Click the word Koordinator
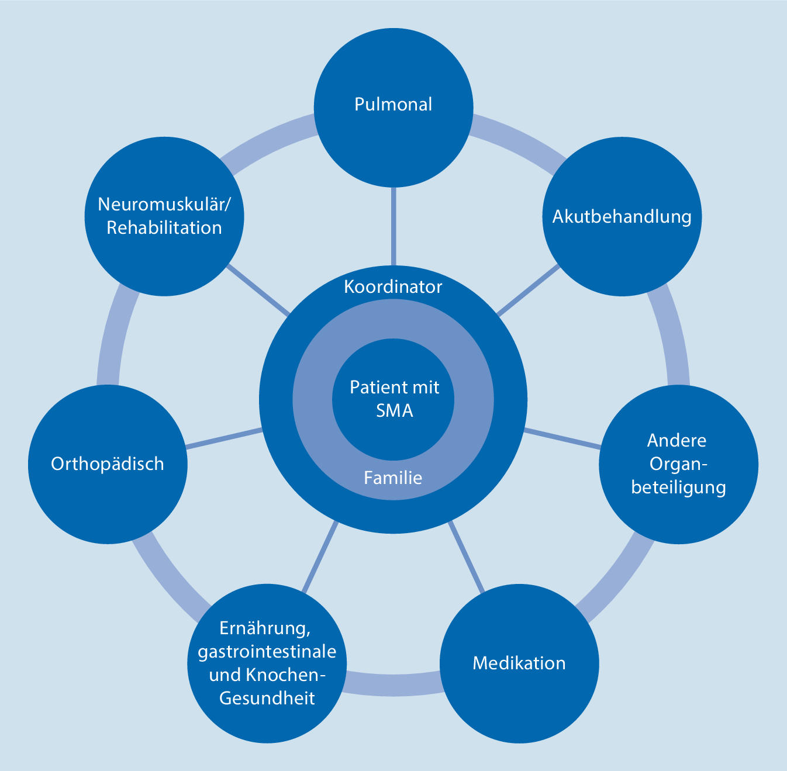point(393,287)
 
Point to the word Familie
point(393,478)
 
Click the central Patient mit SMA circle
point(393,399)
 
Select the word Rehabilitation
point(164,227)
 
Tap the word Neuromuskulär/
point(164,204)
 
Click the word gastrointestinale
point(267,651)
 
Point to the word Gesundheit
point(267,698)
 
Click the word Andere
point(677,440)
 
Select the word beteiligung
point(678,487)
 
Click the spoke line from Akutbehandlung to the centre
point(528,291)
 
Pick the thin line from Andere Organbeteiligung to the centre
point(562,439)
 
